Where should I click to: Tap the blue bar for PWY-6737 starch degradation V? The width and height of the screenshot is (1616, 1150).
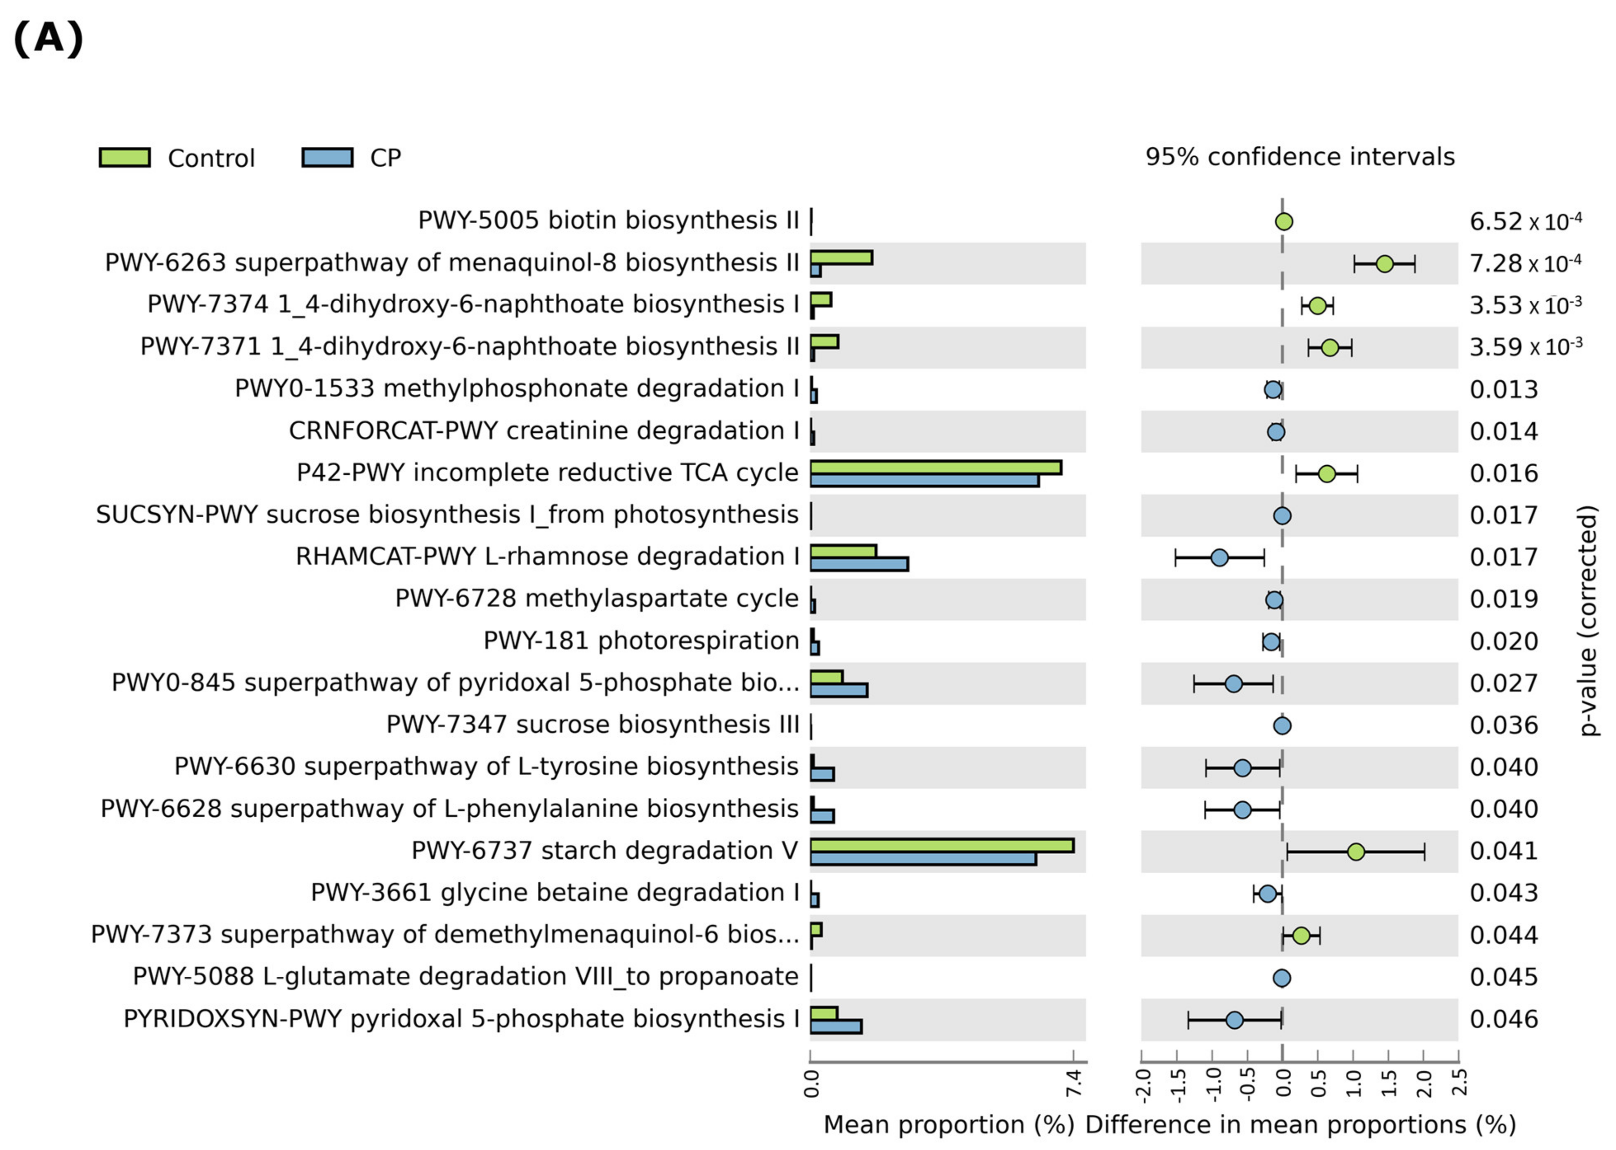click(922, 858)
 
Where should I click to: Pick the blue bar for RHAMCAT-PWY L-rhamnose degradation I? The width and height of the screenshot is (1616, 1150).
click(859, 564)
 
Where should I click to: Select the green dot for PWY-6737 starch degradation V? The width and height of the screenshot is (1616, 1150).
click(1355, 852)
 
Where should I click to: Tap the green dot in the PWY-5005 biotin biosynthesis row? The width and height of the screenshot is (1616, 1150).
click(1283, 222)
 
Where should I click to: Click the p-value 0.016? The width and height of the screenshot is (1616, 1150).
click(1503, 473)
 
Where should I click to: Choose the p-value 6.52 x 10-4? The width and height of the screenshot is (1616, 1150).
click(1525, 222)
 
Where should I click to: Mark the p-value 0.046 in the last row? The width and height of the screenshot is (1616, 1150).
click(1503, 1019)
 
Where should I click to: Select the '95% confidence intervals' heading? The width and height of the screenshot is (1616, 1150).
click(1299, 156)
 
